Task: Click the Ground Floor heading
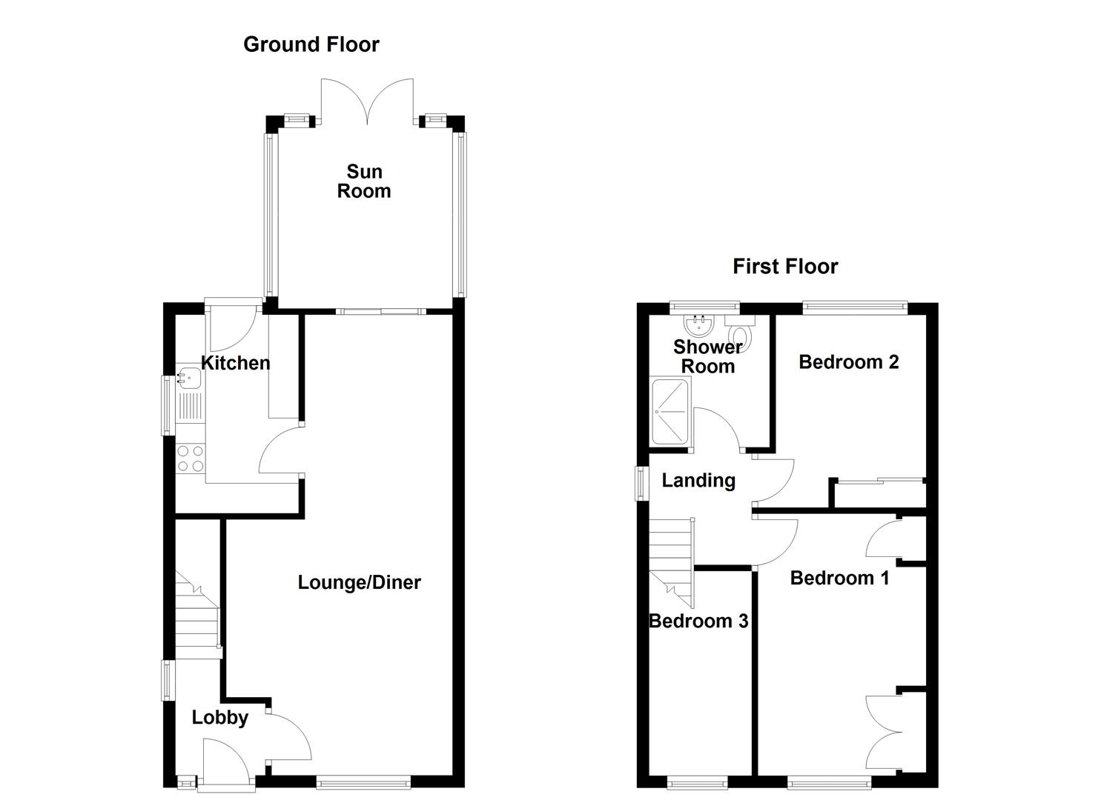click(311, 44)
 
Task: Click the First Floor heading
click(785, 267)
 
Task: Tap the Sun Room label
click(364, 181)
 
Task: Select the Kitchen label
click(236, 363)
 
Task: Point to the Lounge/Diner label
click(359, 583)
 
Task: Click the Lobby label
click(219, 718)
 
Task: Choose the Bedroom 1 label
click(839, 578)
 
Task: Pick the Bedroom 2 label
click(848, 362)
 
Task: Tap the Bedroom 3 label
click(698, 621)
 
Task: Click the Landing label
click(698, 481)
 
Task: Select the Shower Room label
click(707, 356)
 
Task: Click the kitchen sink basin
click(188, 379)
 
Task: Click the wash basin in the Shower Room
click(698, 324)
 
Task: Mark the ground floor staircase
click(197, 615)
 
